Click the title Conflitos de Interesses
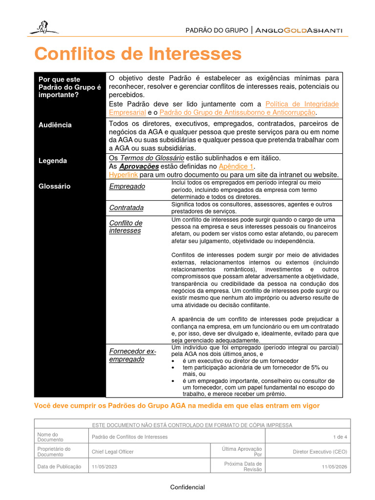click(138, 54)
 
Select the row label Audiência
click(55, 125)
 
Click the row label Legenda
click(53, 161)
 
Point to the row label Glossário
click(54, 186)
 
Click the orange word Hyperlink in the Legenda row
click(123, 174)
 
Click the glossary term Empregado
click(127, 187)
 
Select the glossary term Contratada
click(126, 208)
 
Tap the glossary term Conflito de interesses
click(125, 227)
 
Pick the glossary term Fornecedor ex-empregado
click(132, 355)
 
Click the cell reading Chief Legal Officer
click(113, 452)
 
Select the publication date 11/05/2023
click(104, 467)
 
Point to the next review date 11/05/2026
click(334, 467)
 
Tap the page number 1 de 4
click(339, 437)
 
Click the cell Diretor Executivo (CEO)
click(320, 452)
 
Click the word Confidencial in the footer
click(187, 487)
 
